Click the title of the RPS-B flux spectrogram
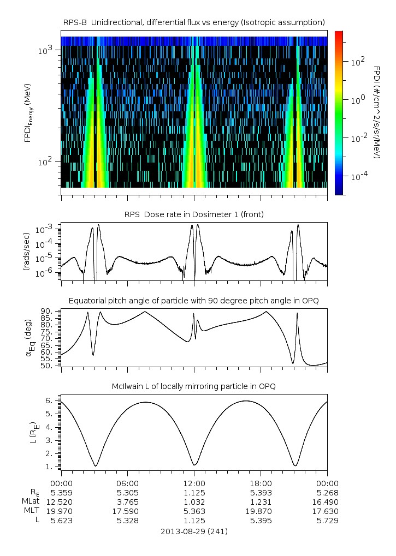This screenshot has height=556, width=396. pos(194,22)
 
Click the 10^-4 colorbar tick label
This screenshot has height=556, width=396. pos(358,176)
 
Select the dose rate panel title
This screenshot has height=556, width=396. pos(194,214)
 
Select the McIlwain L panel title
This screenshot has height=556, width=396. pos(194,387)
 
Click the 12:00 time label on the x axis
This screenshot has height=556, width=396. pos(194,483)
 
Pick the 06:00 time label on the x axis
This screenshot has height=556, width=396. pos(128,483)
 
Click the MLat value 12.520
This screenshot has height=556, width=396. pos(61,501)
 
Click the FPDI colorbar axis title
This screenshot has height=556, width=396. pos(377,112)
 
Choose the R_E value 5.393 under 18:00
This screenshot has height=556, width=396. pos(261,492)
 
